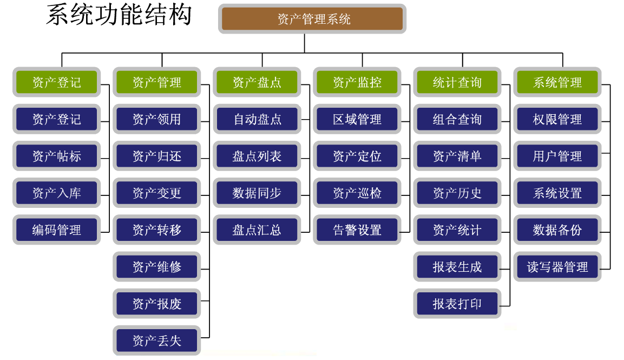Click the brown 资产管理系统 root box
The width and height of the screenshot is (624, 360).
(313, 19)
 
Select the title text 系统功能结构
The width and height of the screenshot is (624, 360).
(119, 15)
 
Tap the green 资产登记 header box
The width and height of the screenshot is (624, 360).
(56, 82)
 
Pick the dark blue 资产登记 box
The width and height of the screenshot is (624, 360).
(56, 119)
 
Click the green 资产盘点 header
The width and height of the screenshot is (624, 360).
(257, 82)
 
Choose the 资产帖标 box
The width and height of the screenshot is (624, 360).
(56, 156)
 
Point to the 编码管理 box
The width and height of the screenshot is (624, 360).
(56, 230)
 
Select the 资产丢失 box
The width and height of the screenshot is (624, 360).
(157, 341)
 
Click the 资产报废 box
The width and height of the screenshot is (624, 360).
(157, 304)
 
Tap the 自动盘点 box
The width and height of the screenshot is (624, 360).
(257, 119)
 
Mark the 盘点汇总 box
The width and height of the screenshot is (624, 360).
(257, 230)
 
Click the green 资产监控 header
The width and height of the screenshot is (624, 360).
(357, 82)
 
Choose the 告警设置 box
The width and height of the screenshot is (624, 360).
(357, 230)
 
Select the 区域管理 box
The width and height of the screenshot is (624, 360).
(357, 119)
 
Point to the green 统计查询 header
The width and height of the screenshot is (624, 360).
(457, 82)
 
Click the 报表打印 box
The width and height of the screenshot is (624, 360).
(457, 304)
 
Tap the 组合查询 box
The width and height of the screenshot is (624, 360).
(457, 119)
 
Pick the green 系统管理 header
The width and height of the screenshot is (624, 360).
(557, 82)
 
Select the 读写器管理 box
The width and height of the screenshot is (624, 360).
(557, 267)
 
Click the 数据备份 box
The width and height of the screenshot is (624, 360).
(557, 230)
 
